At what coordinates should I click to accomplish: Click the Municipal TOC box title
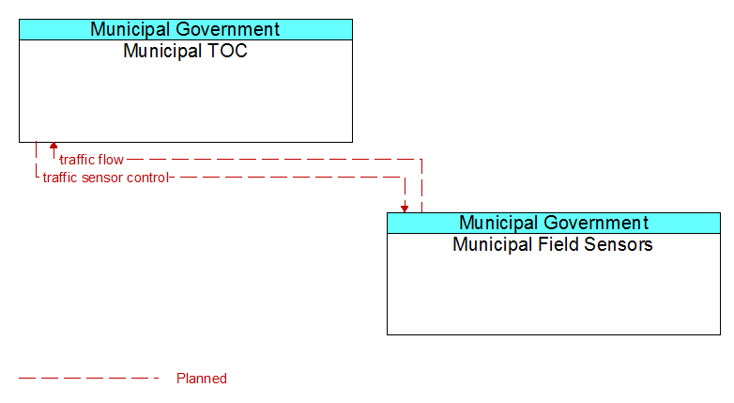pyautogui.click(x=185, y=51)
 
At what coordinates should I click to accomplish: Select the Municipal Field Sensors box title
pyautogui.click(x=553, y=244)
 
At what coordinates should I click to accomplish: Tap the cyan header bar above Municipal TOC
pyautogui.click(x=186, y=29)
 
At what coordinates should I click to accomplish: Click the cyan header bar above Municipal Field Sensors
pyautogui.click(x=554, y=223)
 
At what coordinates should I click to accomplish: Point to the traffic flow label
pyautogui.click(x=91, y=160)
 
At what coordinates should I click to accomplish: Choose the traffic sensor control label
pyautogui.click(x=105, y=178)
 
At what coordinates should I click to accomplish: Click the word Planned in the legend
pyautogui.click(x=202, y=379)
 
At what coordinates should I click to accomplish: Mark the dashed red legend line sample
pyautogui.click(x=89, y=379)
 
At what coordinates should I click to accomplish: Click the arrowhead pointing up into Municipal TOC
pyautogui.click(x=54, y=146)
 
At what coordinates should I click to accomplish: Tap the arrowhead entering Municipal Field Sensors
pyautogui.click(x=405, y=209)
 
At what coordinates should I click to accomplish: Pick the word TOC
pyautogui.click(x=227, y=51)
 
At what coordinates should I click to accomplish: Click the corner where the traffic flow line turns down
pyautogui.click(x=421, y=160)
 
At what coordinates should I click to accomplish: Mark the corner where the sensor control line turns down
pyautogui.click(x=405, y=178)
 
